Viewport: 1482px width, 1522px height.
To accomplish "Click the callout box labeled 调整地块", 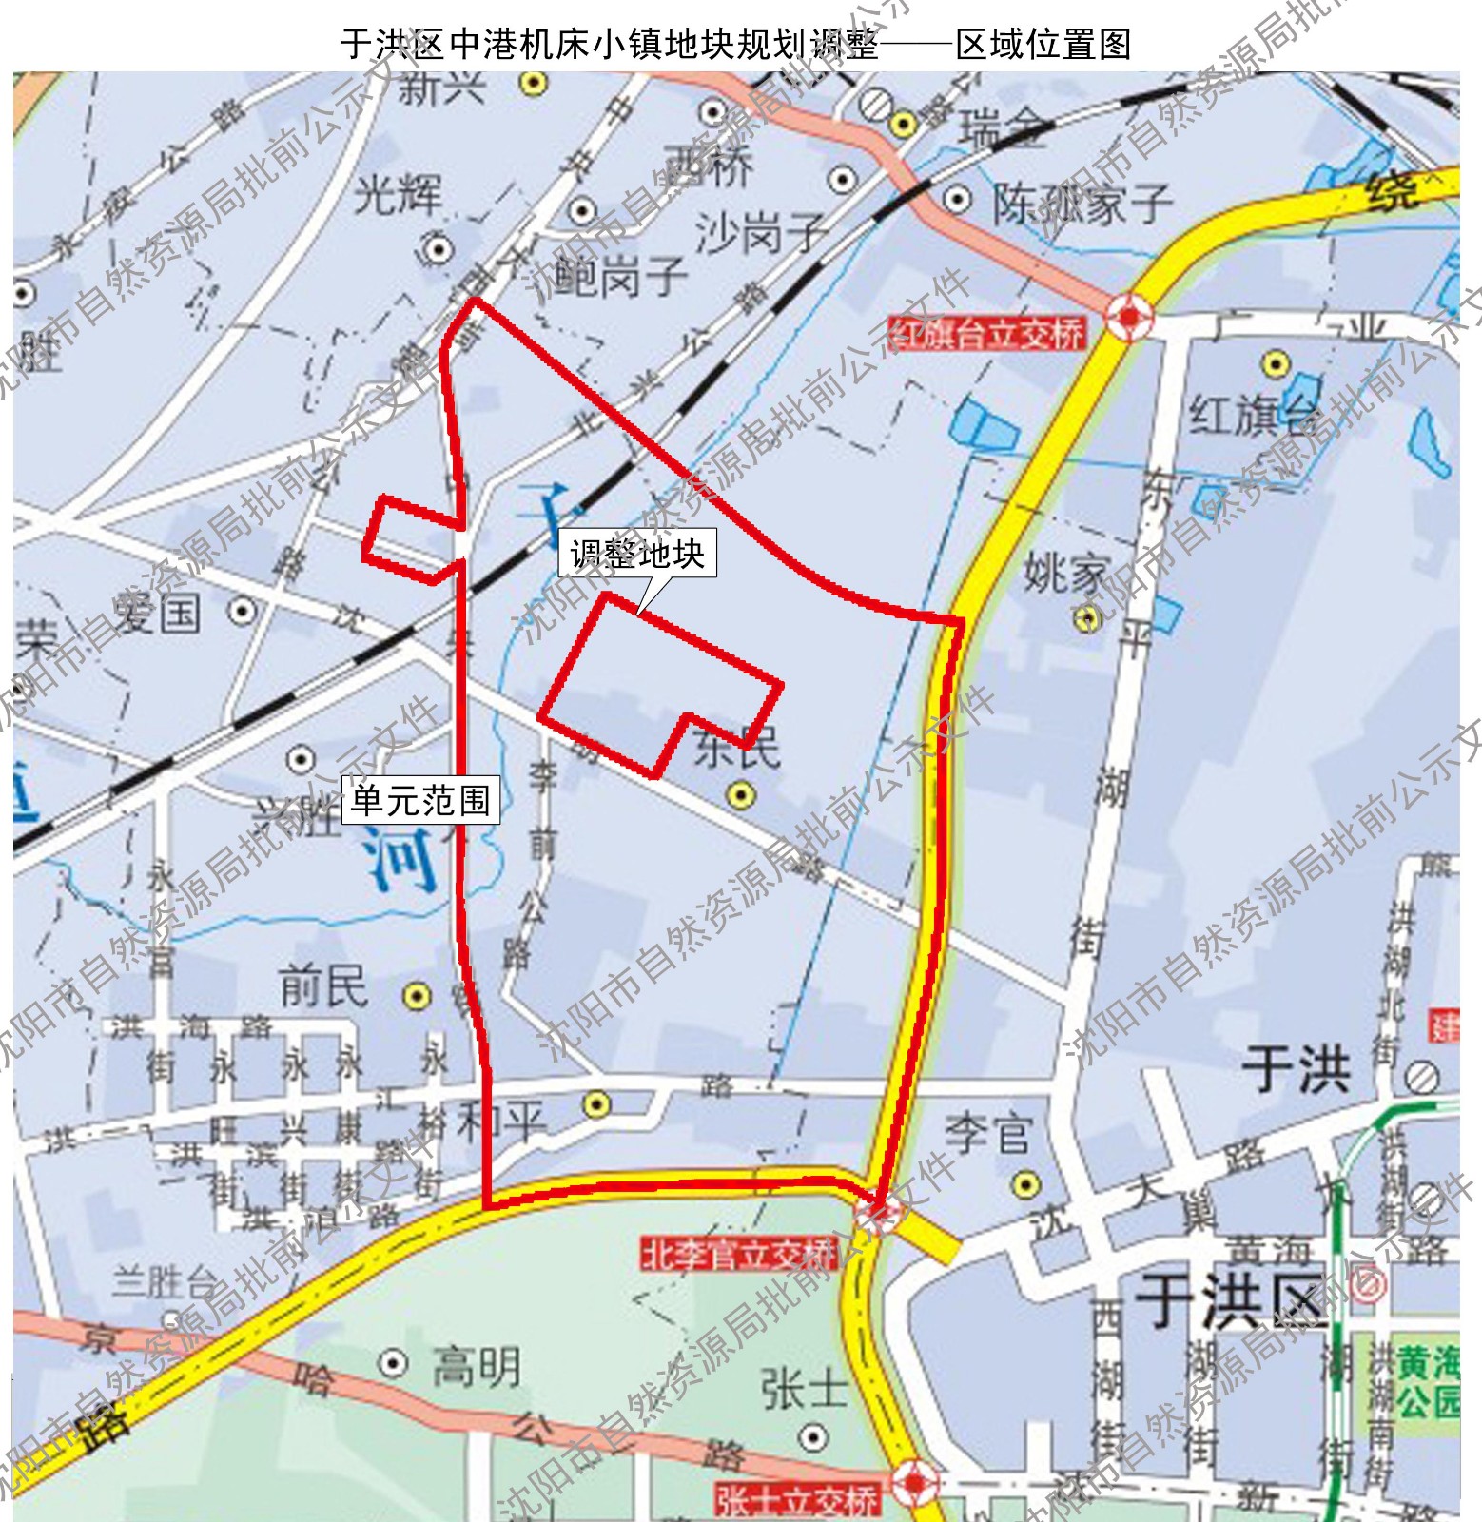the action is point(636,554).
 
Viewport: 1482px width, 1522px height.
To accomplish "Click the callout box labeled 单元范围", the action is point(420,801).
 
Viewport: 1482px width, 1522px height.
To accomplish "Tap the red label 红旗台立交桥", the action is point(986,334).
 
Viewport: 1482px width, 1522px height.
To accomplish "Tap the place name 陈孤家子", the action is point(1082,203).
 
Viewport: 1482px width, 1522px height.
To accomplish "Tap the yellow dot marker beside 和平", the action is point(596,1104).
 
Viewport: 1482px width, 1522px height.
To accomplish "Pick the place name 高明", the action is point(477,1367).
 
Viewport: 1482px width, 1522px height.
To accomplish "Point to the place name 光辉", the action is point(399,196).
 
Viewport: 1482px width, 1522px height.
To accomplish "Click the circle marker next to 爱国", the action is point(244,611).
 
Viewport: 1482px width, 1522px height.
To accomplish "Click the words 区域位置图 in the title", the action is point(1043,45).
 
